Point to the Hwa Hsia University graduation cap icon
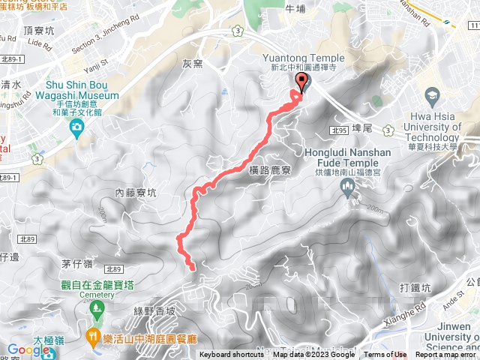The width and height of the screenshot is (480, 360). (x=432, y=96)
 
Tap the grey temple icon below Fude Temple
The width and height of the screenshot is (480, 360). (x=347, y=190)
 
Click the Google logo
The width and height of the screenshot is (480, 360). (x=28, y=349)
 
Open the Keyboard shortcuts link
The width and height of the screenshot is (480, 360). (x=230, y=355)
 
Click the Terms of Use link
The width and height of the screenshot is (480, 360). (x=385, y=355)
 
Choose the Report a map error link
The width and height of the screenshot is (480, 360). (x=446, y=355)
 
